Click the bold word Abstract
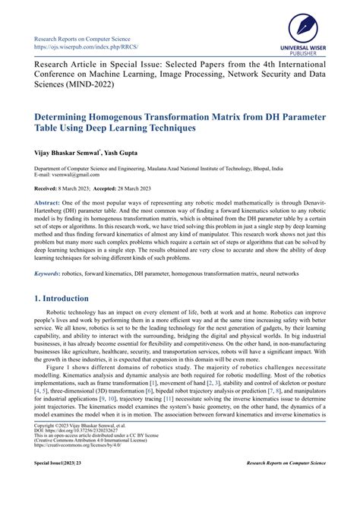tap(49, 204)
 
